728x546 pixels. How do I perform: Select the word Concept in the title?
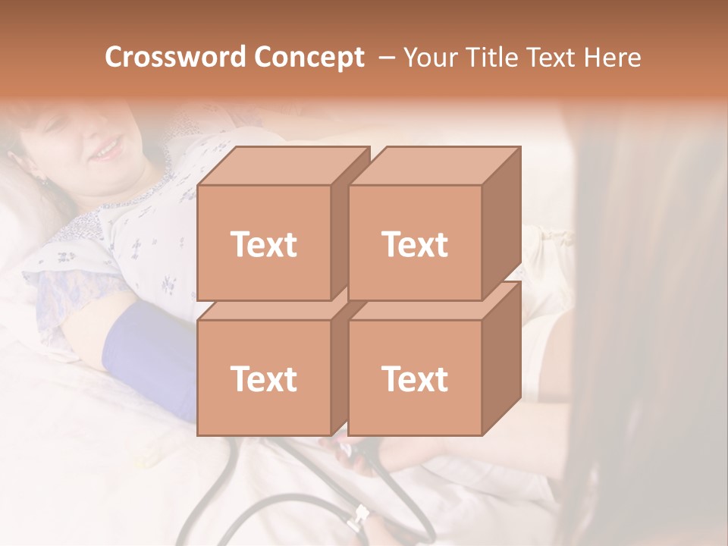coord(309,58)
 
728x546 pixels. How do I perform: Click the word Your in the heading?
coord(431,58)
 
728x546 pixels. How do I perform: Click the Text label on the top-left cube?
coord(263,244)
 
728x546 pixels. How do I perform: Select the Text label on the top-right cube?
coord(414,244)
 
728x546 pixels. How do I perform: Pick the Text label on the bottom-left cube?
coord(263,378)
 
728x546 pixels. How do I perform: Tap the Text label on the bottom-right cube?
coord(414,378)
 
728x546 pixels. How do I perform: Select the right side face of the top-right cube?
coord(501,224)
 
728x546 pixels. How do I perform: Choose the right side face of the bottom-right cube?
coord(501,358)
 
